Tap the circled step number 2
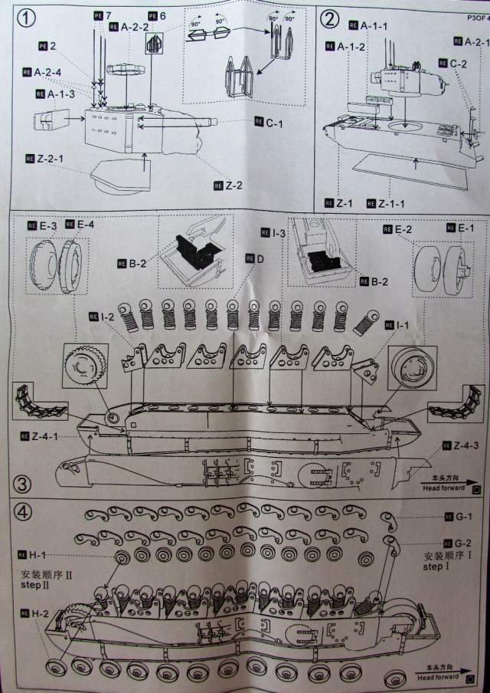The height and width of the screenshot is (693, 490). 330,18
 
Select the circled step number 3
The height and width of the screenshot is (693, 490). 22,484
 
